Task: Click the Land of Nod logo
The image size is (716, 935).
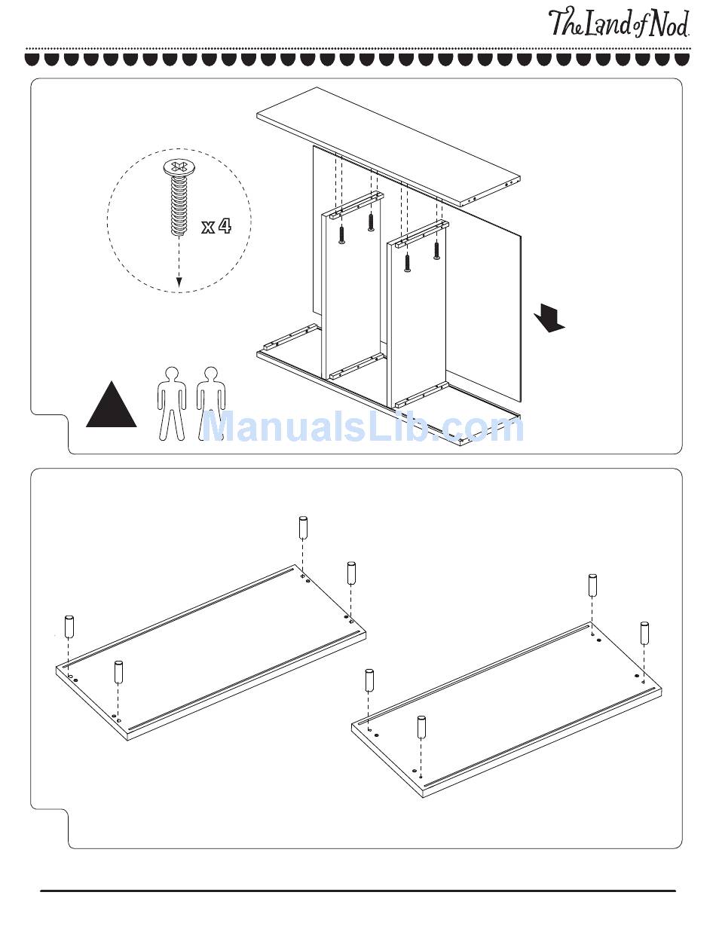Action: click(x=619, y=23)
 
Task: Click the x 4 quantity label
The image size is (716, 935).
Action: click(x=216, y=226)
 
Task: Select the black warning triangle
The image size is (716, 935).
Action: click(x=111, y=405)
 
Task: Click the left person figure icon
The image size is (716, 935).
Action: click(x=172, y=404)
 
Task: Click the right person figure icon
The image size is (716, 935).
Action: click(x=211, y=404)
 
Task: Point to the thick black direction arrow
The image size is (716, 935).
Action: click(x=549, y=318)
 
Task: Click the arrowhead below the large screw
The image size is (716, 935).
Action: click(x=179, y=282)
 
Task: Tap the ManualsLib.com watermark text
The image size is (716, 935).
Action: click(x=363, y=426)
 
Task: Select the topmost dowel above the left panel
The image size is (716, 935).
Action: click(x=303, y=527)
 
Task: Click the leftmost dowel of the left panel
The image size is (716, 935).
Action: click(x=69, y=627)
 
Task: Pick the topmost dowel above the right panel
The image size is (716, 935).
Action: click(x=592, y=585)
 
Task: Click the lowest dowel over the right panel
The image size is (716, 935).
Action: click(x=421, y=727)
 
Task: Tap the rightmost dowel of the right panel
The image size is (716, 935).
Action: click(x=644, y=633)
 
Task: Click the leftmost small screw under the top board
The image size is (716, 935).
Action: click(x=341, y=235)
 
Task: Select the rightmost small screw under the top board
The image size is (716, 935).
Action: click(x=436, y=250)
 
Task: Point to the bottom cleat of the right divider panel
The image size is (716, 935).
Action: click(x=421, y=395)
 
